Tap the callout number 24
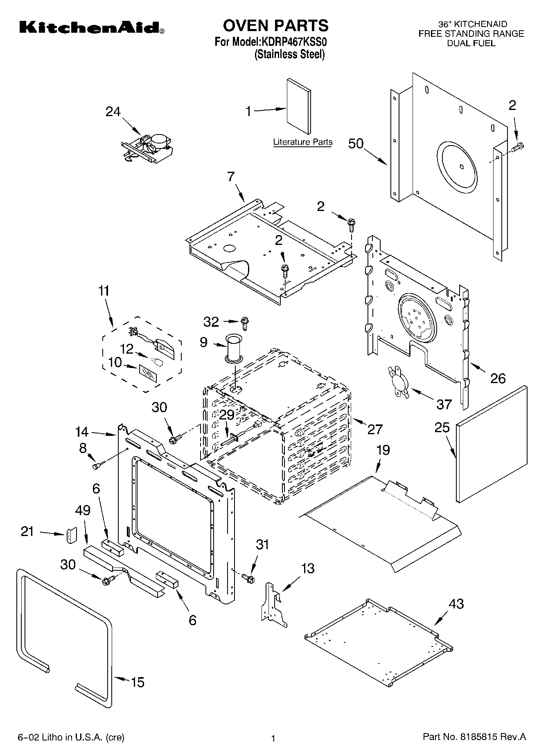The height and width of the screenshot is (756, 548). (113, 111)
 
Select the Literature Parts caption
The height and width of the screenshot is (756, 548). (302, 142)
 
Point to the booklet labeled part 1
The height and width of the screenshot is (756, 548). (298, 106)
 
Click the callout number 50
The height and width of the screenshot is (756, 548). (356, 144)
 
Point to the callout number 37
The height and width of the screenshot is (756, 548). (444, 404)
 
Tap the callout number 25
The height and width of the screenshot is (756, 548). (442, 428)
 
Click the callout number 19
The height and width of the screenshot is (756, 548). (383, 450)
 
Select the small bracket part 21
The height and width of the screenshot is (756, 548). (72, 535)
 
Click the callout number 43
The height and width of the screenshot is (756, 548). (456, 603)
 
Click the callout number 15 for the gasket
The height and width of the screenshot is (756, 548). (138, 682)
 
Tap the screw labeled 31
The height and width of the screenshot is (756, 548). (248, 578)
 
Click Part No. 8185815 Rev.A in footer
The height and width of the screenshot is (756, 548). (474, 737)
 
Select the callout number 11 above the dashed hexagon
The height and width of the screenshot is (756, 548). (104, 291)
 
